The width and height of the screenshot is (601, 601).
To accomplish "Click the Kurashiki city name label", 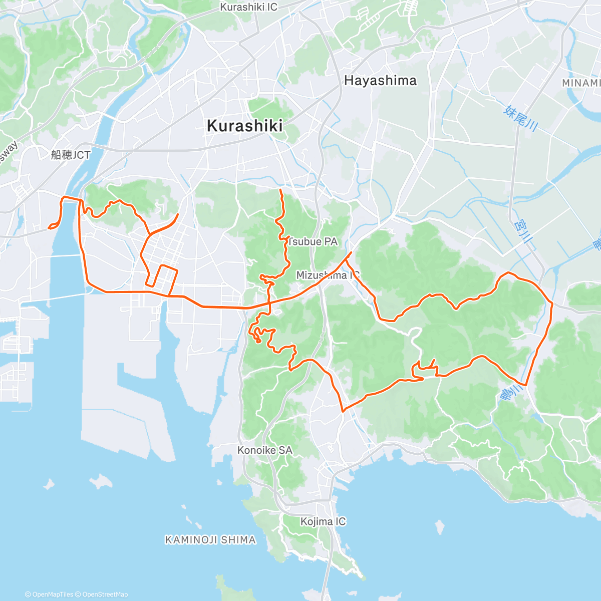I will [244, 126].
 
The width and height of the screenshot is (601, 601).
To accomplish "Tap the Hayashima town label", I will [380, 81].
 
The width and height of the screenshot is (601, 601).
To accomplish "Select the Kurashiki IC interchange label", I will [249, 7].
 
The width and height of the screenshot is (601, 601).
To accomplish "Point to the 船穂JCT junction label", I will [70, 155].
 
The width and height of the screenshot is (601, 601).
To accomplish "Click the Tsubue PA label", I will [313, 242].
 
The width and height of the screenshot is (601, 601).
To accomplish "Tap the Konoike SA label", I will [264, 450].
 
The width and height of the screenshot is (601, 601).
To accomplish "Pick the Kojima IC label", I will [323, 522].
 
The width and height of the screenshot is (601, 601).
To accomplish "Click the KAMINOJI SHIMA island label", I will [210, 540].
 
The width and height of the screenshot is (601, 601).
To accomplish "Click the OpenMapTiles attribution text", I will [49, 594].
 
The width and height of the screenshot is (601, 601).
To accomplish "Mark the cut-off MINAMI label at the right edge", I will [581, 83].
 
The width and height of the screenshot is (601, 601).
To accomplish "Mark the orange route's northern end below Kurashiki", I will [280, 191].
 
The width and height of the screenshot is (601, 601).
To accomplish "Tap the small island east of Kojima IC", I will [439, 527].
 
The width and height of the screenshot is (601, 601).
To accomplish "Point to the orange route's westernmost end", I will [49, 228].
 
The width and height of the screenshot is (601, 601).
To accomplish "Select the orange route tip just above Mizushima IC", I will [352, 252].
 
